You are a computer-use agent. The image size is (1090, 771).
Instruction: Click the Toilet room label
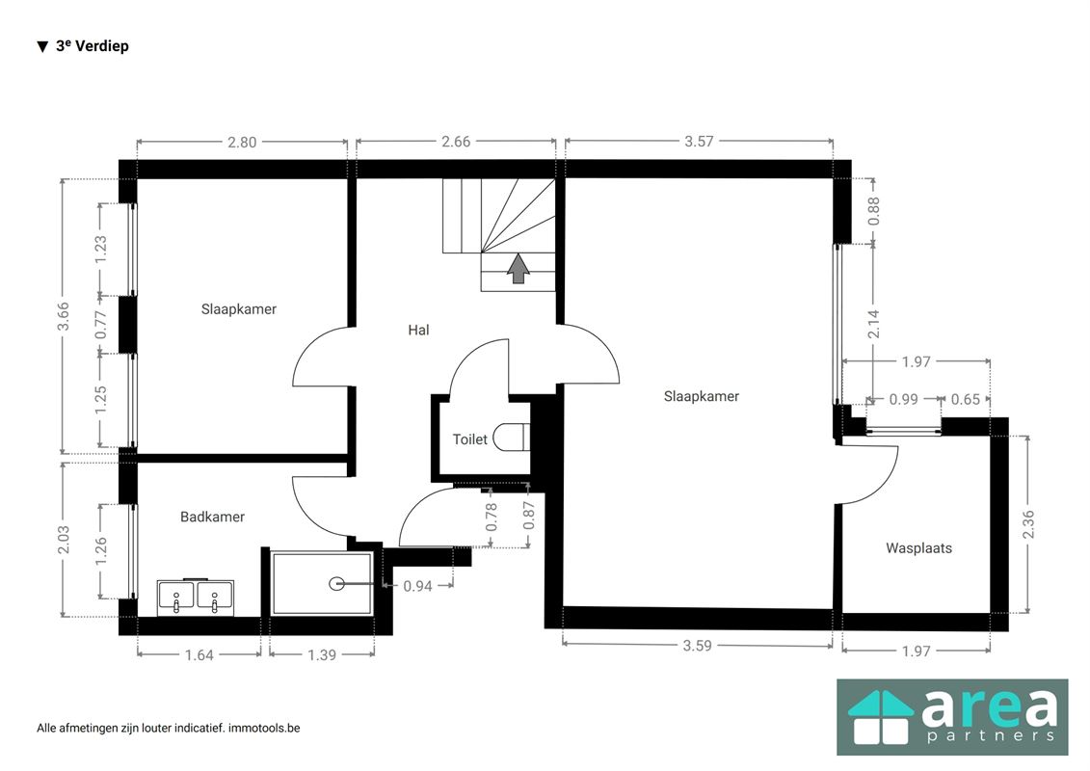point(470,439)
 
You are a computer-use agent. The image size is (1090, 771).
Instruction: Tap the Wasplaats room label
point(918,547)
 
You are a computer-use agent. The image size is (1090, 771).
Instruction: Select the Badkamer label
point(212,517)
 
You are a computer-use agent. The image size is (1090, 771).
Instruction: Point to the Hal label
point(418,330)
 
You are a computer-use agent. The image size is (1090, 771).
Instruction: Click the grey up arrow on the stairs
point(518,268)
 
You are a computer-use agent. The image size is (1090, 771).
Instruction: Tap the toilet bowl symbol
point(510,439)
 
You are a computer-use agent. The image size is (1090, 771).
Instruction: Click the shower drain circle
point(337,584)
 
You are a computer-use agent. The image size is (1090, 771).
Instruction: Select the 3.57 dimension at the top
point(699,141)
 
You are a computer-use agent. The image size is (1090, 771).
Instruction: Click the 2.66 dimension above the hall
point(456,141)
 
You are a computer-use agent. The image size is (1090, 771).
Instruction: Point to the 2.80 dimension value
point(242,142)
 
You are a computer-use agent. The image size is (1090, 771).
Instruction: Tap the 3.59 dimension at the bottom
point(697,645)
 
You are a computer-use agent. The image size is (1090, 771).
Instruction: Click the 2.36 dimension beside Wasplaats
point(1028,524)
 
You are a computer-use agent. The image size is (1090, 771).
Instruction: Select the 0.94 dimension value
point(418,586)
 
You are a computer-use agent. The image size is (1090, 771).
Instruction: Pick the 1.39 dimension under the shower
point(322,654)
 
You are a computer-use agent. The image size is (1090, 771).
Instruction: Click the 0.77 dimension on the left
point(101,325)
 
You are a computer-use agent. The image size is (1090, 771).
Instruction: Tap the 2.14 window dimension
point(874,324)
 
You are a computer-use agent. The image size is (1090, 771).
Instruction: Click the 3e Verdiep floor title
point(92,46)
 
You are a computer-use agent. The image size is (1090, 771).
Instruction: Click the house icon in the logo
point(881,717)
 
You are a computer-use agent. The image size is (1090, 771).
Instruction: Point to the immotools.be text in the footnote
point(264,728)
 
